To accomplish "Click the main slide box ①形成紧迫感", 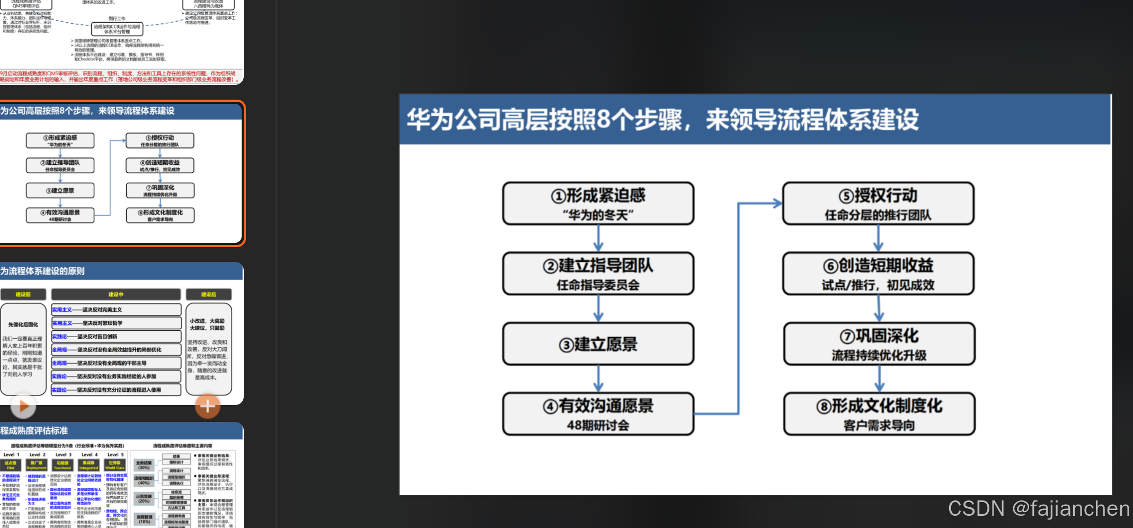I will (598, 204).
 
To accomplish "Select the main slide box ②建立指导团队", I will (598, 274).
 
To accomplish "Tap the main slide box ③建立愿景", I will (598, 344).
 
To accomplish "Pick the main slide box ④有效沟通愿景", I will (598, 413).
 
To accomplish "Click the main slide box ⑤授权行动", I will (878, 204).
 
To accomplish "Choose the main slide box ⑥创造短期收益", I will (878, 274).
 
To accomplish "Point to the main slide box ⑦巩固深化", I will (879, 344).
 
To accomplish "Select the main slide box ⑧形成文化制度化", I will (879, 413).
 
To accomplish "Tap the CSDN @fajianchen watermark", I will (1038, 509).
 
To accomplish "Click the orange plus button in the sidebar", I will (208, 407).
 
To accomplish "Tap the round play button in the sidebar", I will (23, 407).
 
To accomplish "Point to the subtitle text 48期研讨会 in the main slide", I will (598, 425).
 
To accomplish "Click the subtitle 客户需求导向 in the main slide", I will (879, 425).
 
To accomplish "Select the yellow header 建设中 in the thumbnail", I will (116, 294).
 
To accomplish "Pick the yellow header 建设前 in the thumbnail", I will (23, 294).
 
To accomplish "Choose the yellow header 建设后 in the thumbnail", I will (208, 294).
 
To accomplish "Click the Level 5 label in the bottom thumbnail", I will (116, 454).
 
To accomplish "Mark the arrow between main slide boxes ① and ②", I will (598, 238).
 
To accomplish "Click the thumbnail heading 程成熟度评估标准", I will (34, 430).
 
